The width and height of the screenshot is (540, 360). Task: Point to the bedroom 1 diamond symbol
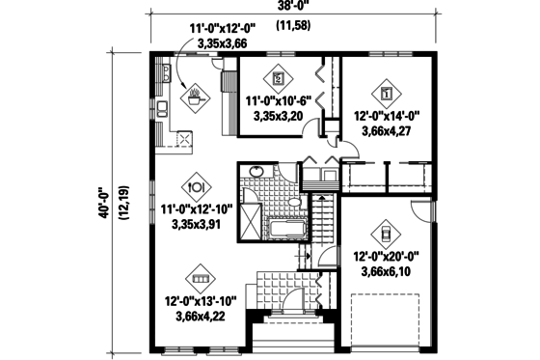coord(387,94)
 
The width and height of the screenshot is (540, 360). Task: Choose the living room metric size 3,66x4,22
coord(202,315)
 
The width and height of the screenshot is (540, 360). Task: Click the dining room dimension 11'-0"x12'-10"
coord(197,208)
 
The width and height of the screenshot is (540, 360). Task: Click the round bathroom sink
coord(256,174)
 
